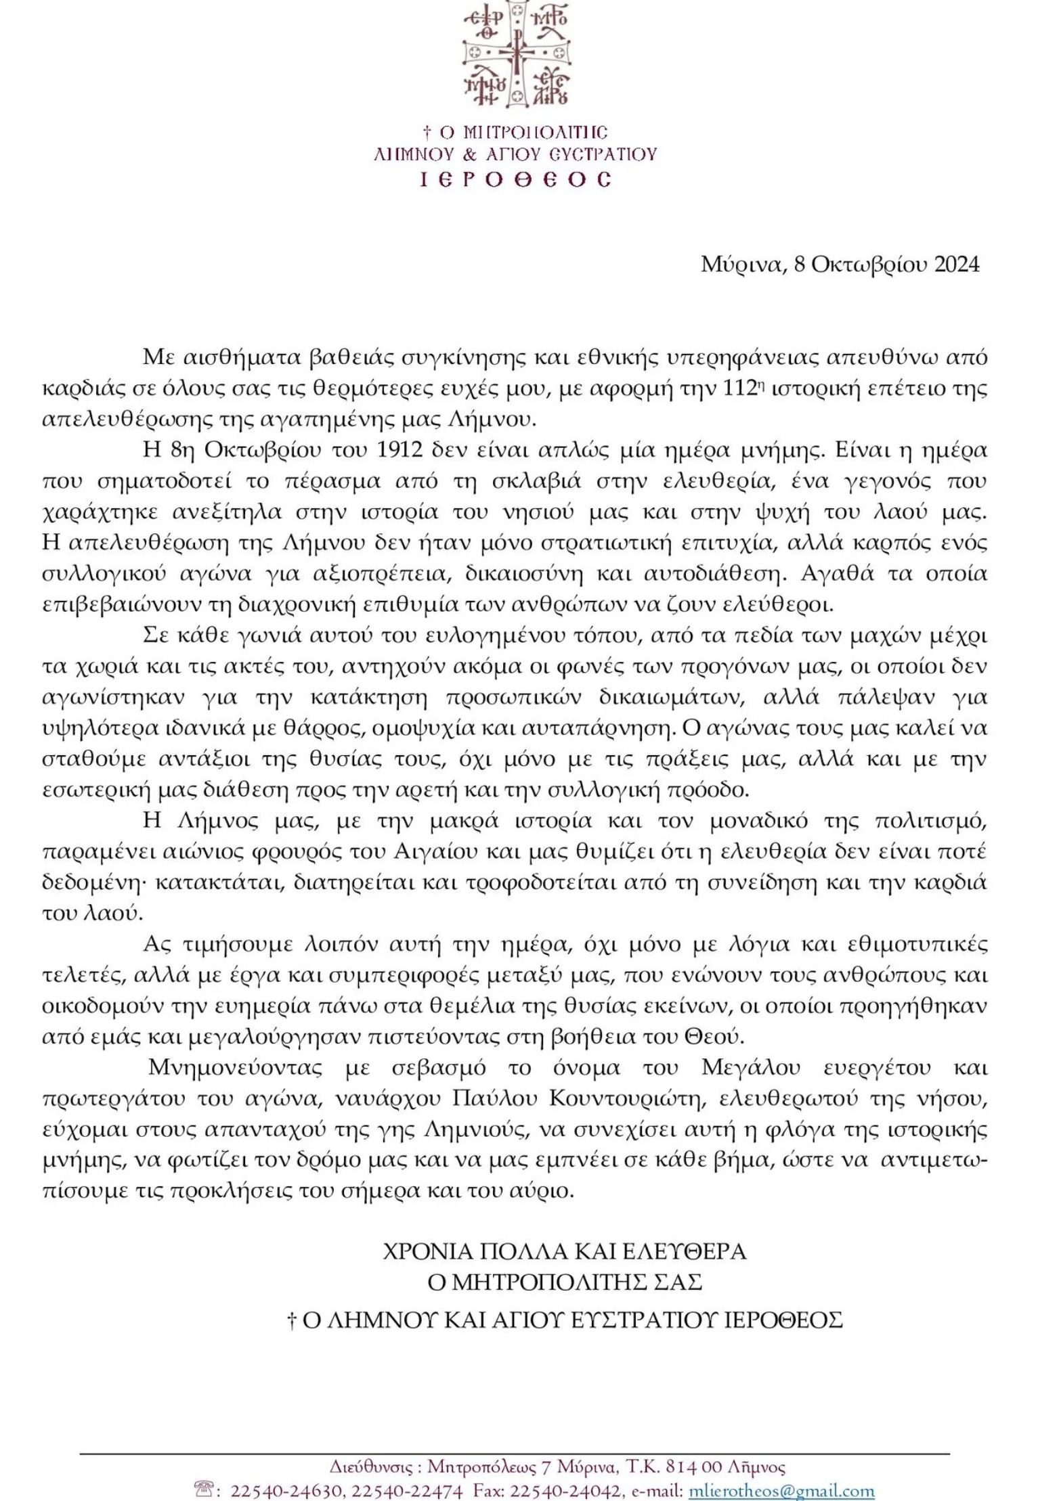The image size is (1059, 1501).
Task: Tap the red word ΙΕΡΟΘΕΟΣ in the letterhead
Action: click(516, 179)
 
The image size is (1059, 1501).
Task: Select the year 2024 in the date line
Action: click(957, 264)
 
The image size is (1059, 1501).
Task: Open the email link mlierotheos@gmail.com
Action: click(781, 1488)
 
